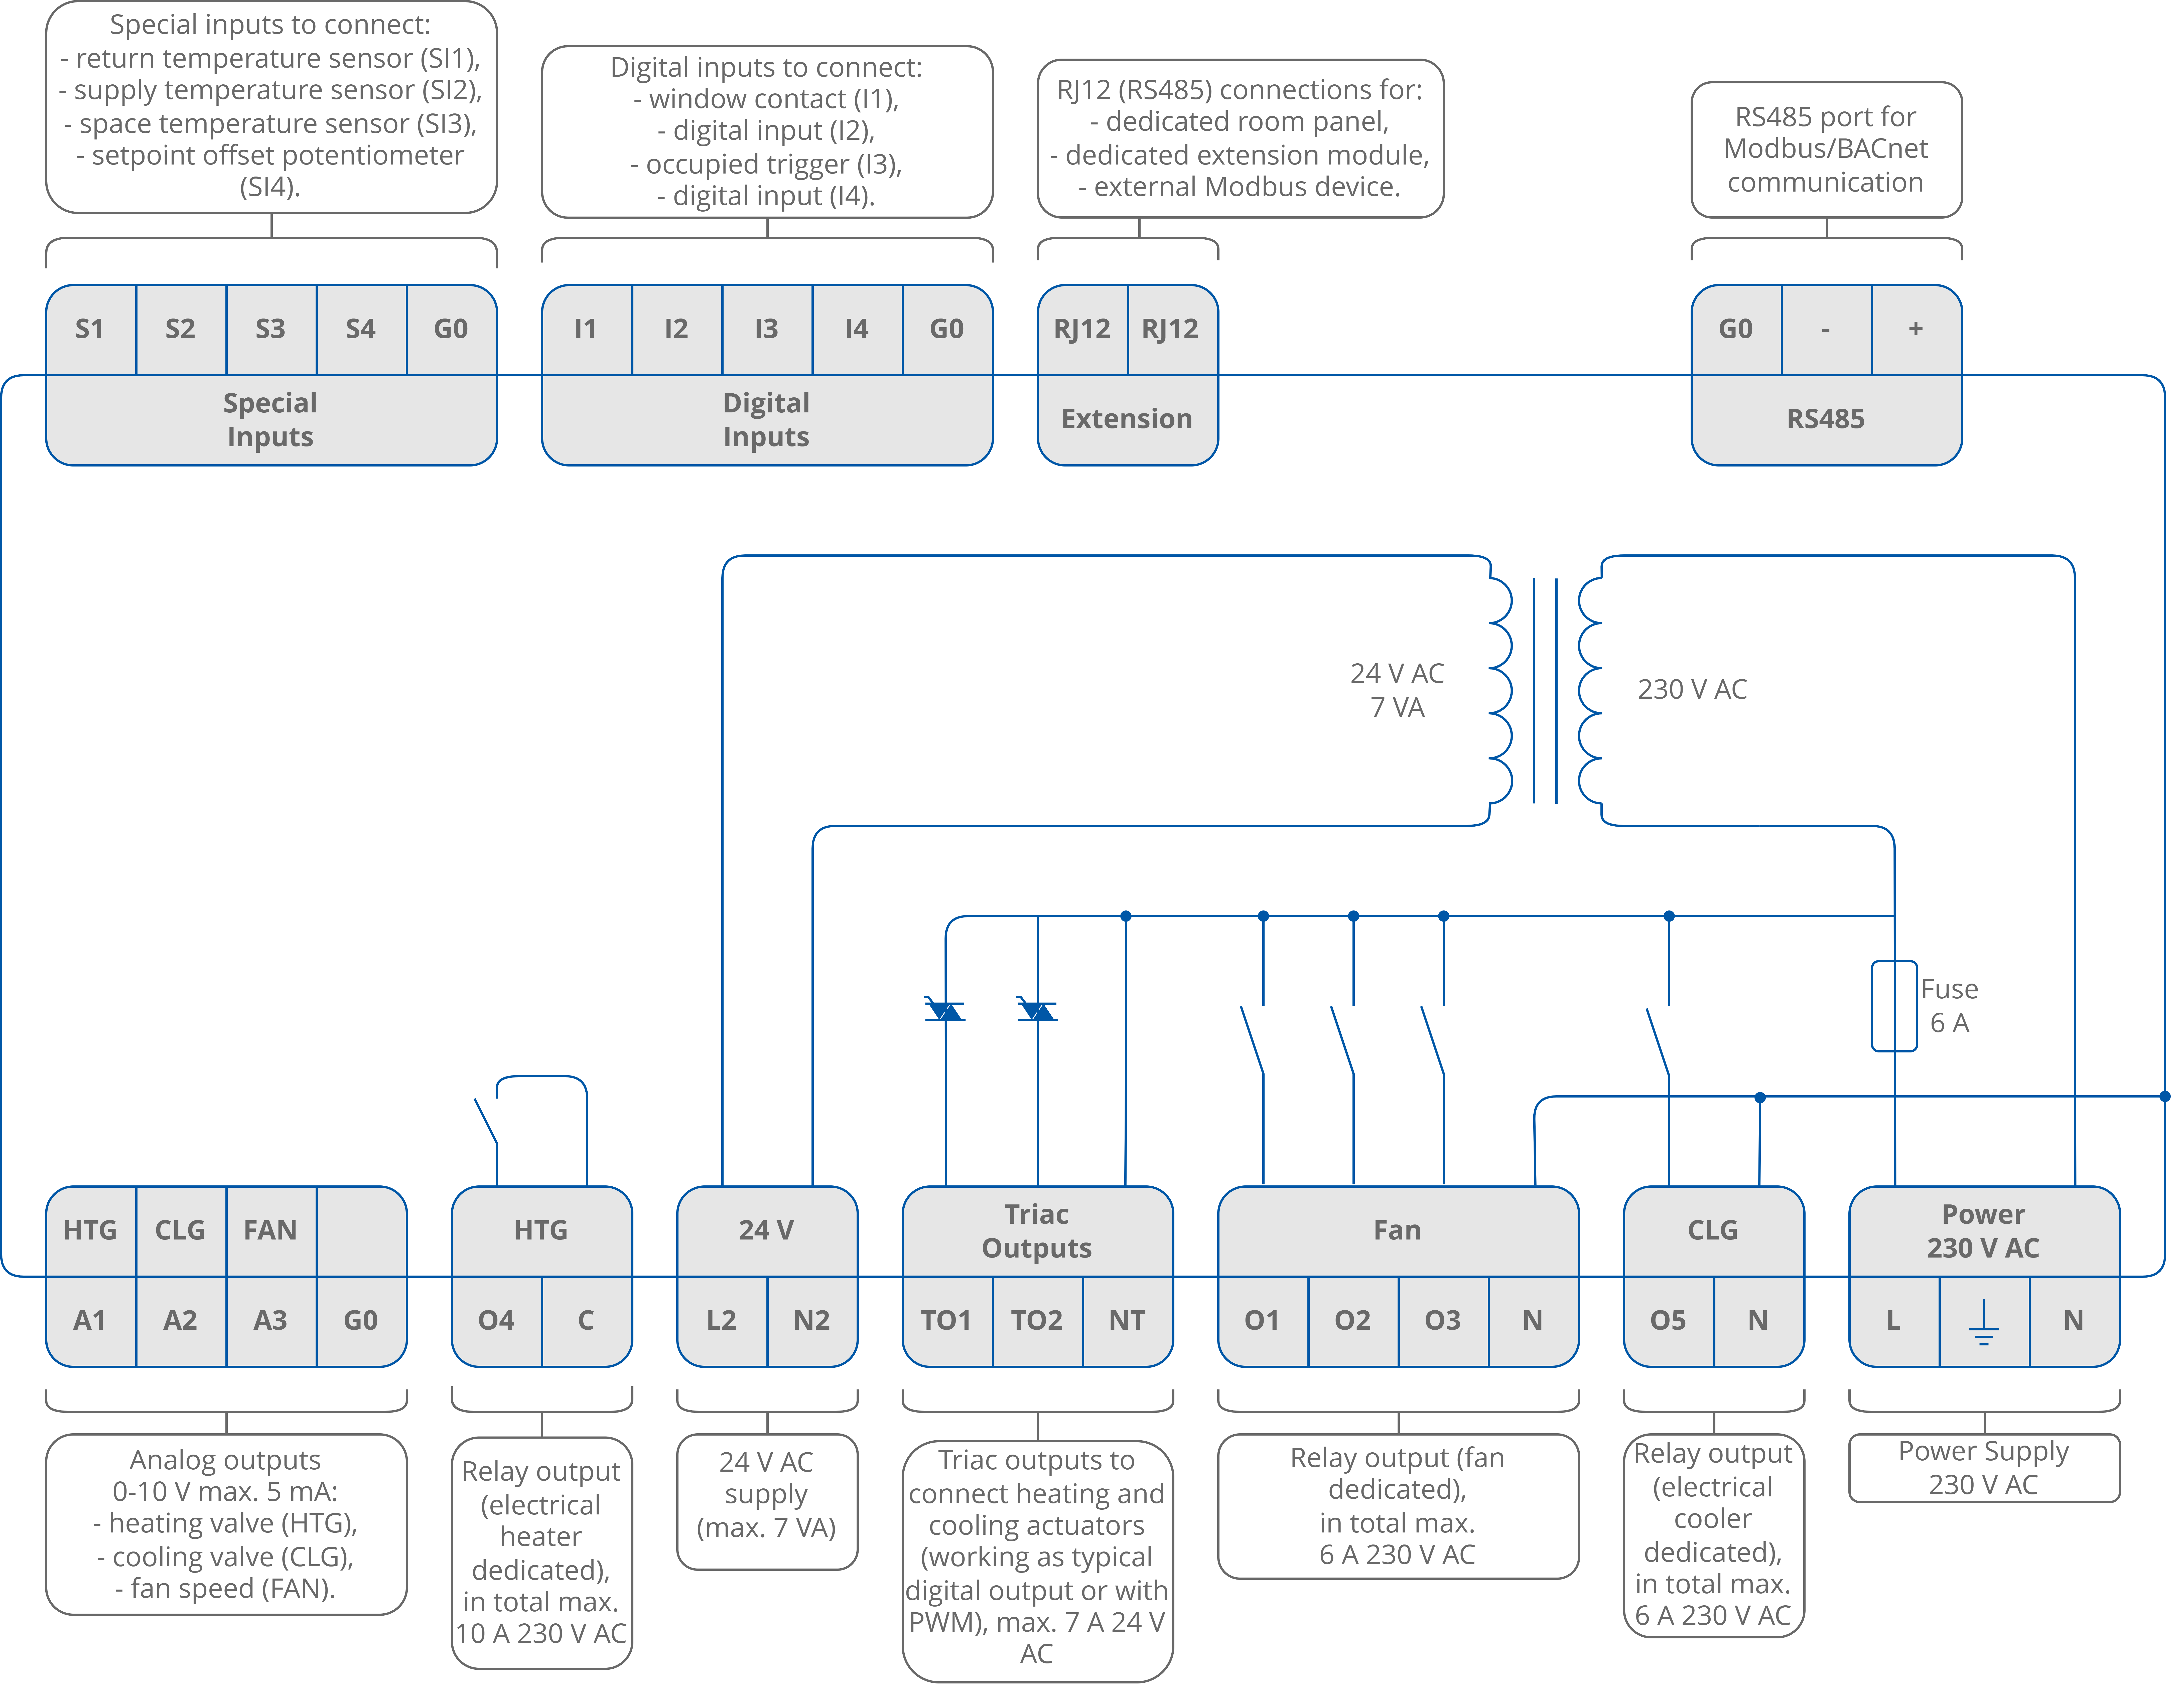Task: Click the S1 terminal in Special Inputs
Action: [x=90, y=330]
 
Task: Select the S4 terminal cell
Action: [x=361, y=330]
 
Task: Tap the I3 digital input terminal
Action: [x=766, y=330]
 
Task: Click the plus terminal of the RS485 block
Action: [x=1915, y=330]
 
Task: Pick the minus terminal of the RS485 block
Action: [x=1825, y=330]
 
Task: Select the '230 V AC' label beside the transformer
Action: [x=1691, y=689]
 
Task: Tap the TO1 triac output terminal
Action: [x=946, y=1320]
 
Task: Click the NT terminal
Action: [x=1127, y=1320]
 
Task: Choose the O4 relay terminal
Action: [x=497, y=1320]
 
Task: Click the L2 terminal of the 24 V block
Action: [x=721, y=1320]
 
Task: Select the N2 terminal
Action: [x=811, y=1320]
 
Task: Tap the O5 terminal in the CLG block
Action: [x=1668, y=1320]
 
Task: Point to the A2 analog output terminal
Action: [x=180, y=1320]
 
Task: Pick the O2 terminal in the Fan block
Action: [x=1353, y=1320]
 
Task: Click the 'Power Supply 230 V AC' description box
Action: [x=1983, y=1467]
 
